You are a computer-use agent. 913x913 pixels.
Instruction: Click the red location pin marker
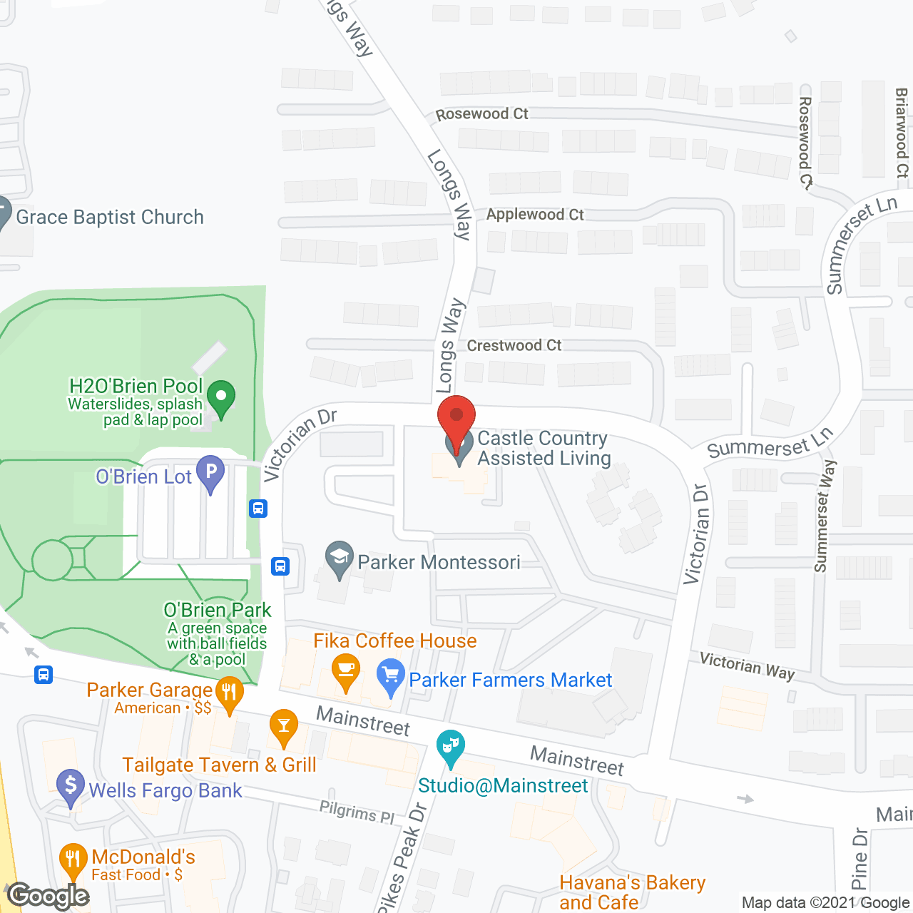456,416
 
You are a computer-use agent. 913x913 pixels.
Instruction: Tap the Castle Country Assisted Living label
544,448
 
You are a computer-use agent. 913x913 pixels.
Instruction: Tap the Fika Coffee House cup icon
346,670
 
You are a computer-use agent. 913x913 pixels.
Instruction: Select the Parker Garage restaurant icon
229,693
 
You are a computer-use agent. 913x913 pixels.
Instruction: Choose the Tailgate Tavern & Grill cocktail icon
284,726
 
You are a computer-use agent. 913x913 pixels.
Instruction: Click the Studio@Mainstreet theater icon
450,747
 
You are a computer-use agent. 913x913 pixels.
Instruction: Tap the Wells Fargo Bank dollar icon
71,785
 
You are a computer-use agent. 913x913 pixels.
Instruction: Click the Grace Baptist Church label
110,217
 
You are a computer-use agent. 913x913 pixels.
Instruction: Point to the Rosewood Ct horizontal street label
481,114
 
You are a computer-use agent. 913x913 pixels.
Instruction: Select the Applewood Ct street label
535,215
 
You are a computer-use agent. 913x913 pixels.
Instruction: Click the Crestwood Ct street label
514,346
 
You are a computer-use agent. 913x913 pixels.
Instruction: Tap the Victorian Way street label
747,666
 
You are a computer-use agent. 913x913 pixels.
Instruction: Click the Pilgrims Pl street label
357,812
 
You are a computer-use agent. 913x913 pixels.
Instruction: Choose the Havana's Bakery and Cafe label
632,892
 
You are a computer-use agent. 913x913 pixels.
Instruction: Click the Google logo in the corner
49,896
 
